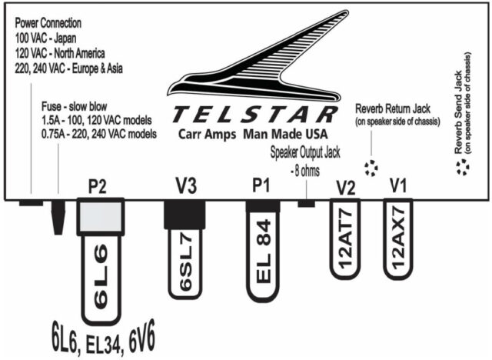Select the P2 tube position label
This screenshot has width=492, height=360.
coord(97,186)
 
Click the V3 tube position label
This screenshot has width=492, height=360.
coord(185,186)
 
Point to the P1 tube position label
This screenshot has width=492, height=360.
coord(261,186)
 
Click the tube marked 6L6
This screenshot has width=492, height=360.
coord(101,277)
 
